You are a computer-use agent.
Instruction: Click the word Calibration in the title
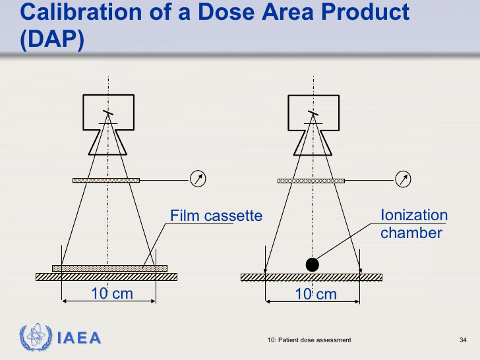(81, 12)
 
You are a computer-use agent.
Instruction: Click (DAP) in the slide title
(52, 40)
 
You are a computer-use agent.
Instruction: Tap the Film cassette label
(216, 216)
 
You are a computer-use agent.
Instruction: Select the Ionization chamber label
(414, 224)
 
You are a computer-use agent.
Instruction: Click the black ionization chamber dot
(313, 265)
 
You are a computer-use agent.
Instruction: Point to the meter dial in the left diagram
(198, 179)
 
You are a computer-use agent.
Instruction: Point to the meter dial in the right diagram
(403, 179)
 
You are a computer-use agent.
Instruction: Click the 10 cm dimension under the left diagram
(112, 293)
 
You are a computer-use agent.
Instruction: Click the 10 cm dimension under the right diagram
(316, 294)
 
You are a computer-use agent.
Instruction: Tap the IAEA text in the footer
(79, 338)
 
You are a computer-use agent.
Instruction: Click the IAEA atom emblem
(36, 337)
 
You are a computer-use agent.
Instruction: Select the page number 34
(463, 340)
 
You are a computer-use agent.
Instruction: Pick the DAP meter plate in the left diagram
(106, 180)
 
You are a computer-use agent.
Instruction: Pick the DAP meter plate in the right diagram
(311, 181)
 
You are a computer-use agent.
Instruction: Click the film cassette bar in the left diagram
(109, 268)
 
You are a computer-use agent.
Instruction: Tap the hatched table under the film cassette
(107, 277)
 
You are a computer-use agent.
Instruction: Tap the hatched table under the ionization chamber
(312, 278)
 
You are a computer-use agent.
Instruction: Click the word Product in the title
(365, 12)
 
